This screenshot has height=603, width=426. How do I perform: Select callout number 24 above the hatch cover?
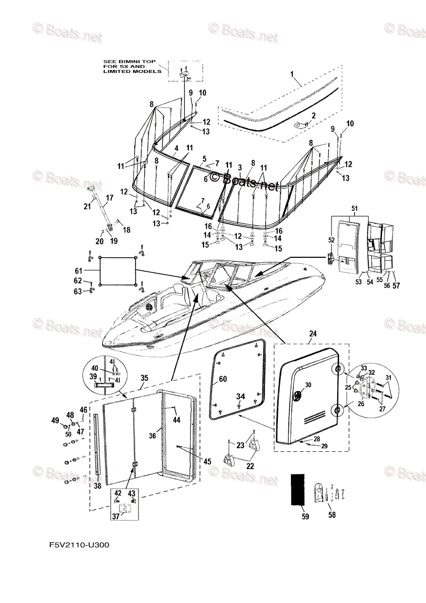(313, 334)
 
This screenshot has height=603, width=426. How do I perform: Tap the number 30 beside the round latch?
(307, 385)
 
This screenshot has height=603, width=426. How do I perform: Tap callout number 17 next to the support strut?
(109, 198)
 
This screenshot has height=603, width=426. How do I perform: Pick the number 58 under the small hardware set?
(331, 515)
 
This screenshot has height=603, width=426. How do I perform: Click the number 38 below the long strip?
(97, 485)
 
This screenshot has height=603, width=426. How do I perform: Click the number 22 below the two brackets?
(250, 466)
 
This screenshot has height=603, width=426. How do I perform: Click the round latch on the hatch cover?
(297, 395)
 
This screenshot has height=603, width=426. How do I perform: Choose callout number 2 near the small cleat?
(313, 116)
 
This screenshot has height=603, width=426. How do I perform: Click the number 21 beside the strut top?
(87, 207)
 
